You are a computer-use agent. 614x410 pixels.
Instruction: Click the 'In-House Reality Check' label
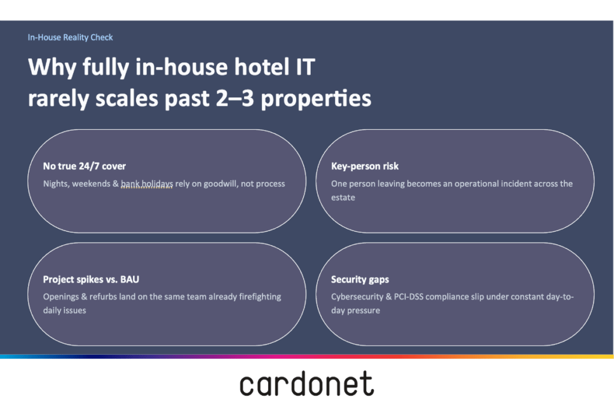pos(70,37)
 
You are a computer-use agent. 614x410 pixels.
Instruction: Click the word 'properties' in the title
pos(316,99)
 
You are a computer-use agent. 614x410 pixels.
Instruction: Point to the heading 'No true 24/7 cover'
pos(84,166)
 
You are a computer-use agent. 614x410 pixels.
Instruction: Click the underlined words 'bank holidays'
pos(147,184)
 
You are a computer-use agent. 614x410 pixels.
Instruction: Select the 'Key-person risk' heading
pos(365,166)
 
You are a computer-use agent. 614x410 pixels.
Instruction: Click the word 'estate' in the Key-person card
pos(343,197)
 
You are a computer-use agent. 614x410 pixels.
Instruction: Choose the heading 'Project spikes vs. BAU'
pos(91,280)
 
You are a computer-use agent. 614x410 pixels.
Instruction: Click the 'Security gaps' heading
pos(360,280)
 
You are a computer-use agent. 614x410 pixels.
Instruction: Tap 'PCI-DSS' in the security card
pos(408,297)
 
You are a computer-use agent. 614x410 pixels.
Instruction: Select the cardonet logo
pos(307,384)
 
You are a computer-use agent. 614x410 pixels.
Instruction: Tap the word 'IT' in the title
pos(305,67)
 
